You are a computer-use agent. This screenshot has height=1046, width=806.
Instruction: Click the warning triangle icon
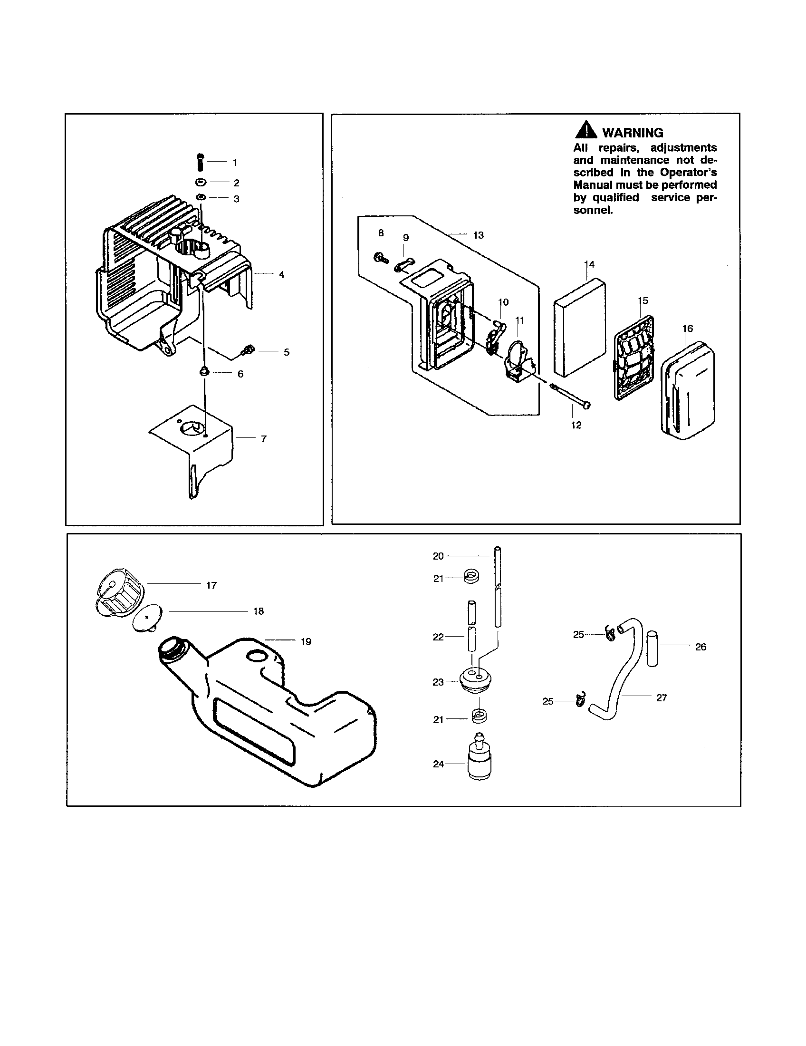pos(585,131)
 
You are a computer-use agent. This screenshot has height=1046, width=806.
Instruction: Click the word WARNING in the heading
pos(632,133)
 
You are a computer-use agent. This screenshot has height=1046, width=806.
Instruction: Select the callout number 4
pos(282,275)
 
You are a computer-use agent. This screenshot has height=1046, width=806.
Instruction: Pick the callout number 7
pos(263,439)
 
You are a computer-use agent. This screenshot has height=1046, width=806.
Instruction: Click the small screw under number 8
pos(379,257)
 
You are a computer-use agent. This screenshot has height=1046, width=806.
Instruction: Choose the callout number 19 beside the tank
pos(306,642)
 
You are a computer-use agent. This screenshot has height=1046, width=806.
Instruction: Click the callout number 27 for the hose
pos(662,698)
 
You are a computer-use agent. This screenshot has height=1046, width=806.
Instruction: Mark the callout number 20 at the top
pos(438,556)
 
